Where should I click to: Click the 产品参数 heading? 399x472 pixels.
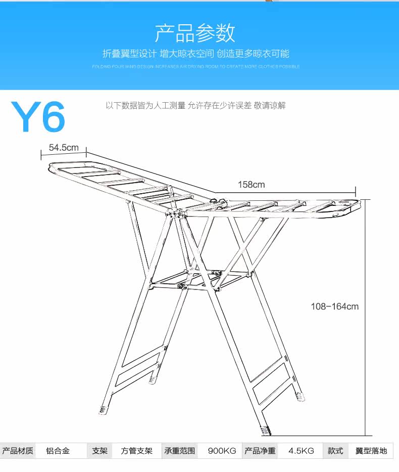click(195, 33)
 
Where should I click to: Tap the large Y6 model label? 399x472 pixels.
click(38, 117)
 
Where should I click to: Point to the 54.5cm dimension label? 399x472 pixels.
click(64, 147)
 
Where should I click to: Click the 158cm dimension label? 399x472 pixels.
click(251, 185)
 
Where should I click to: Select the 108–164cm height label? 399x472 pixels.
click(334, 306)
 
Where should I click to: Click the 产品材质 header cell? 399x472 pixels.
click(18, 451)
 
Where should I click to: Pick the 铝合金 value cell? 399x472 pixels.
click(58, 451)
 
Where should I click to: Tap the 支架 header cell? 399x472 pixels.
click(99, 451)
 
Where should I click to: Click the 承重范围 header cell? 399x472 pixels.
click(179, 451)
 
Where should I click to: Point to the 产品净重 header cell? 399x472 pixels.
click(260, 451)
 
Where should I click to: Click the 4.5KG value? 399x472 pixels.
click(301, 451)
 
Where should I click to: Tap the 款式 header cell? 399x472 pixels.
click(335, 451)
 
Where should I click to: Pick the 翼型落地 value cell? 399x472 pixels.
click(371, 451)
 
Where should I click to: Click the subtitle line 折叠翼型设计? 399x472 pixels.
click(195, 54)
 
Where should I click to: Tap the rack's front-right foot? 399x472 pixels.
click(266, 431)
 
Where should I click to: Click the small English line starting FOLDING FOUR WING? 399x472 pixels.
click(195, 66)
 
